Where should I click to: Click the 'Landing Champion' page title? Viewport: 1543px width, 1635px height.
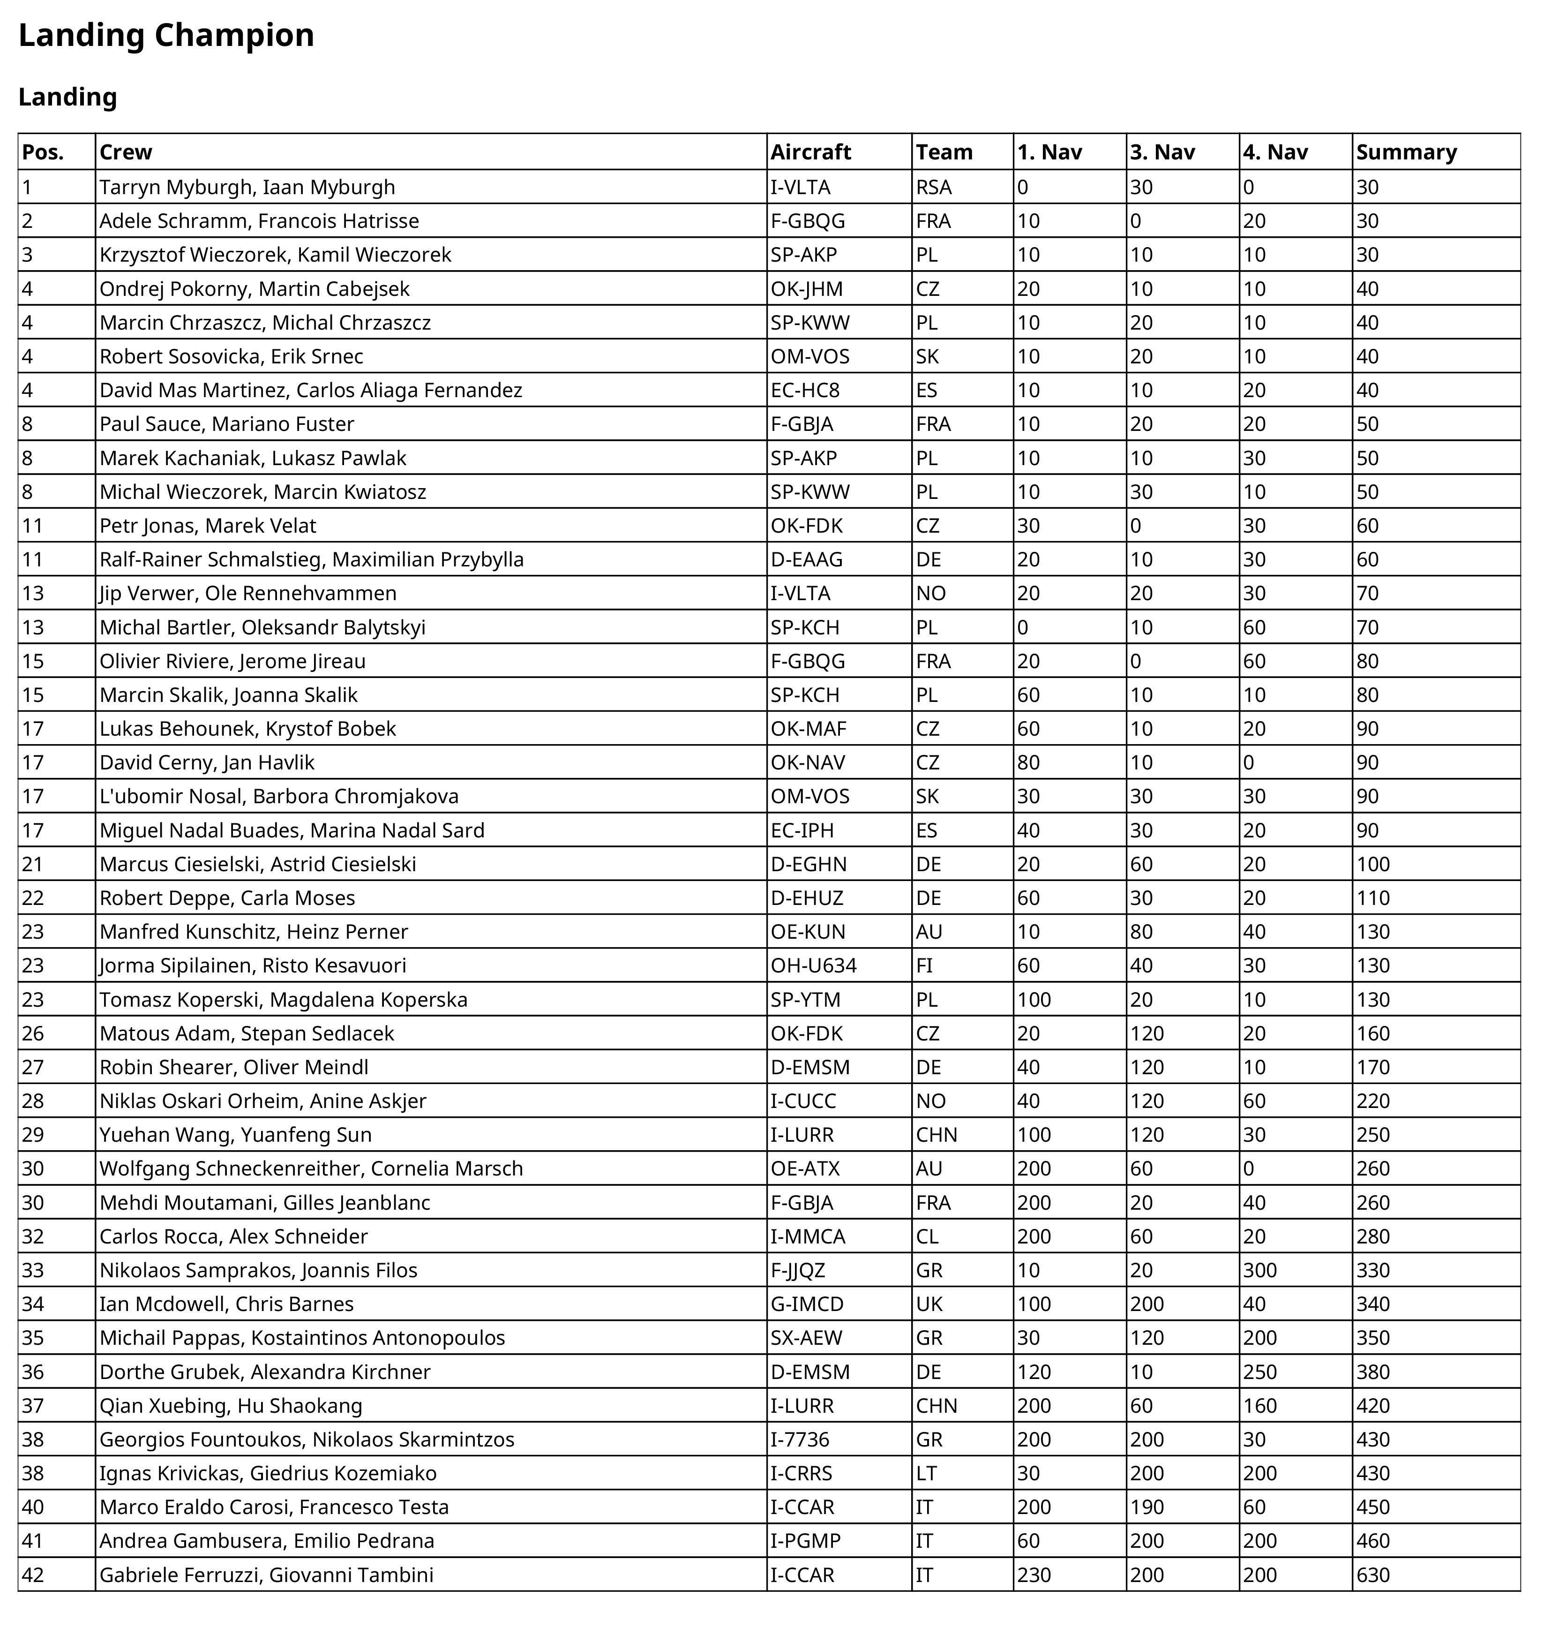pos(166,35)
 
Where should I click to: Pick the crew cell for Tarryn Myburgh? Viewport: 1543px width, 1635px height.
pos(247,188)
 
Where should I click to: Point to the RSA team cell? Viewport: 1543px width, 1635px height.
pos(934,188)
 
